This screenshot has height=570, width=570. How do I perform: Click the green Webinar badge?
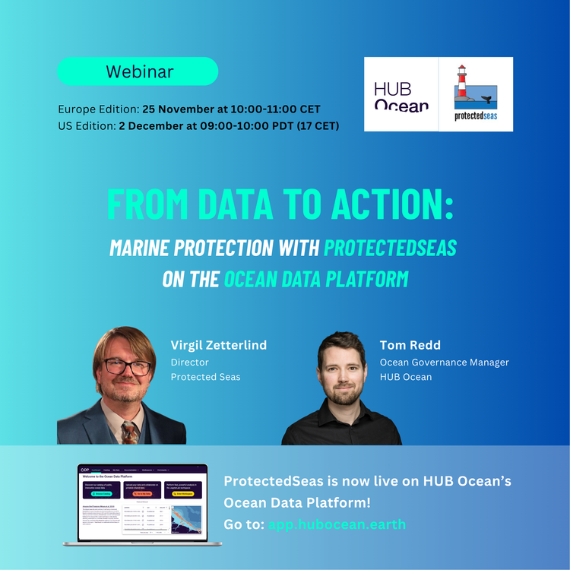138,71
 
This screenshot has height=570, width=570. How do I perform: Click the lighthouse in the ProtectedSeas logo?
461,84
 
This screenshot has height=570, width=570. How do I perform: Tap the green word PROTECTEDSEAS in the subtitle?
391,248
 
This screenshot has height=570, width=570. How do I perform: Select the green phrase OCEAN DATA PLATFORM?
315,279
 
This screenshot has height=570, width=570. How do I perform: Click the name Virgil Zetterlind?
218,345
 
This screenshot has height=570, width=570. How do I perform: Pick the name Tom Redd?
410,345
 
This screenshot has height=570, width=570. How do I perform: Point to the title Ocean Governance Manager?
444,363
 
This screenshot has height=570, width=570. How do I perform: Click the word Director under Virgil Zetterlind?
189,363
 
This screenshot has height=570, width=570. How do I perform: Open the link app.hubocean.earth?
337,524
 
